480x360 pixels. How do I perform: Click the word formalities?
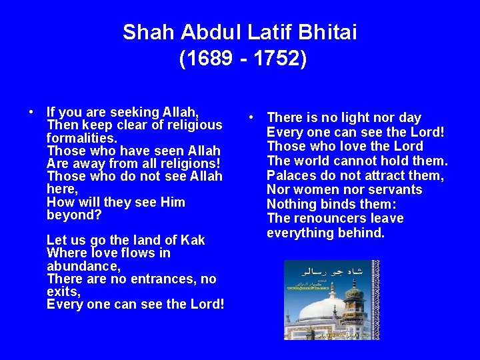pos(81,138)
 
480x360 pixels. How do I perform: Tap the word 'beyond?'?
pos(73,215)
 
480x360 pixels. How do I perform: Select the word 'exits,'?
pos(63,291)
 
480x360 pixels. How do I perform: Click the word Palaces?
pos(292,175)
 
